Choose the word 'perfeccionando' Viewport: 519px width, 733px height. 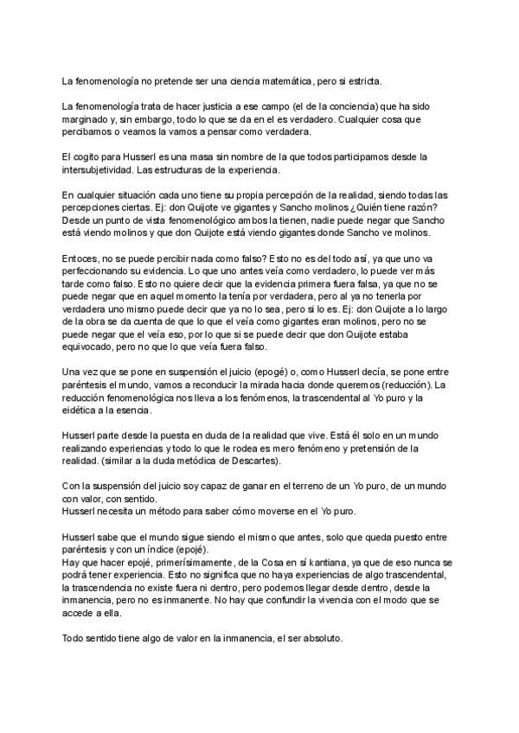point(98,273)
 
